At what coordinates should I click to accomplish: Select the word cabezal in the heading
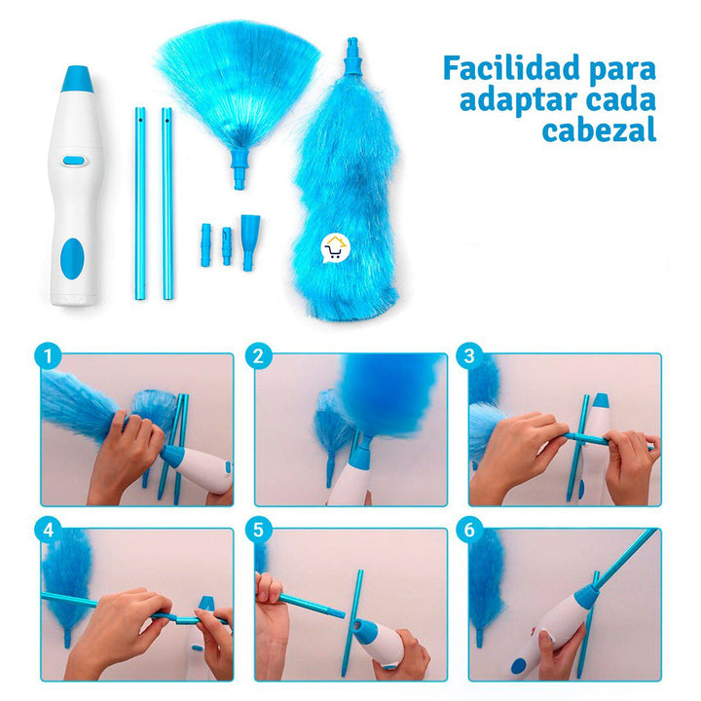click(x=599, y=130)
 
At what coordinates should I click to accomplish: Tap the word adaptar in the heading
click(x=497, y=100)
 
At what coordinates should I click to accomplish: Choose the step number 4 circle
click(x=46, y=532)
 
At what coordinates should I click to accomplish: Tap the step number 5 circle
click(x=258, y=532)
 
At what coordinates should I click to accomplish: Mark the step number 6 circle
click(x=471, y=532)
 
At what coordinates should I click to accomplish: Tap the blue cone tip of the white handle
click(x=77, y=79)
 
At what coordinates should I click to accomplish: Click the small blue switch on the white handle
click(x=71, y=162)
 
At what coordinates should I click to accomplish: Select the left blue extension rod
click(x=139, y=203)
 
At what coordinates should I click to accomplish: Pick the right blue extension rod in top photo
click(x=167, y=203)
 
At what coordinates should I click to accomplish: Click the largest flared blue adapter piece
click(x=250, y=242)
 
